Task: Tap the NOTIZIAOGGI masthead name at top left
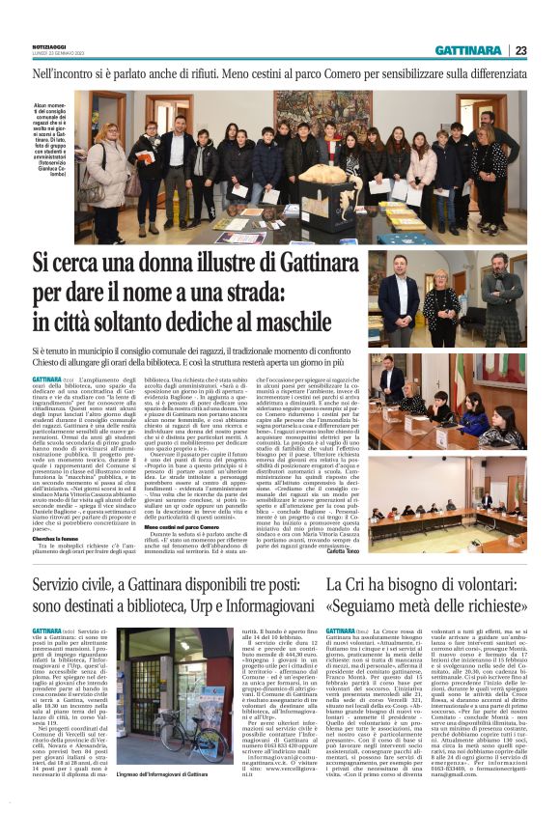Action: [47, 43]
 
